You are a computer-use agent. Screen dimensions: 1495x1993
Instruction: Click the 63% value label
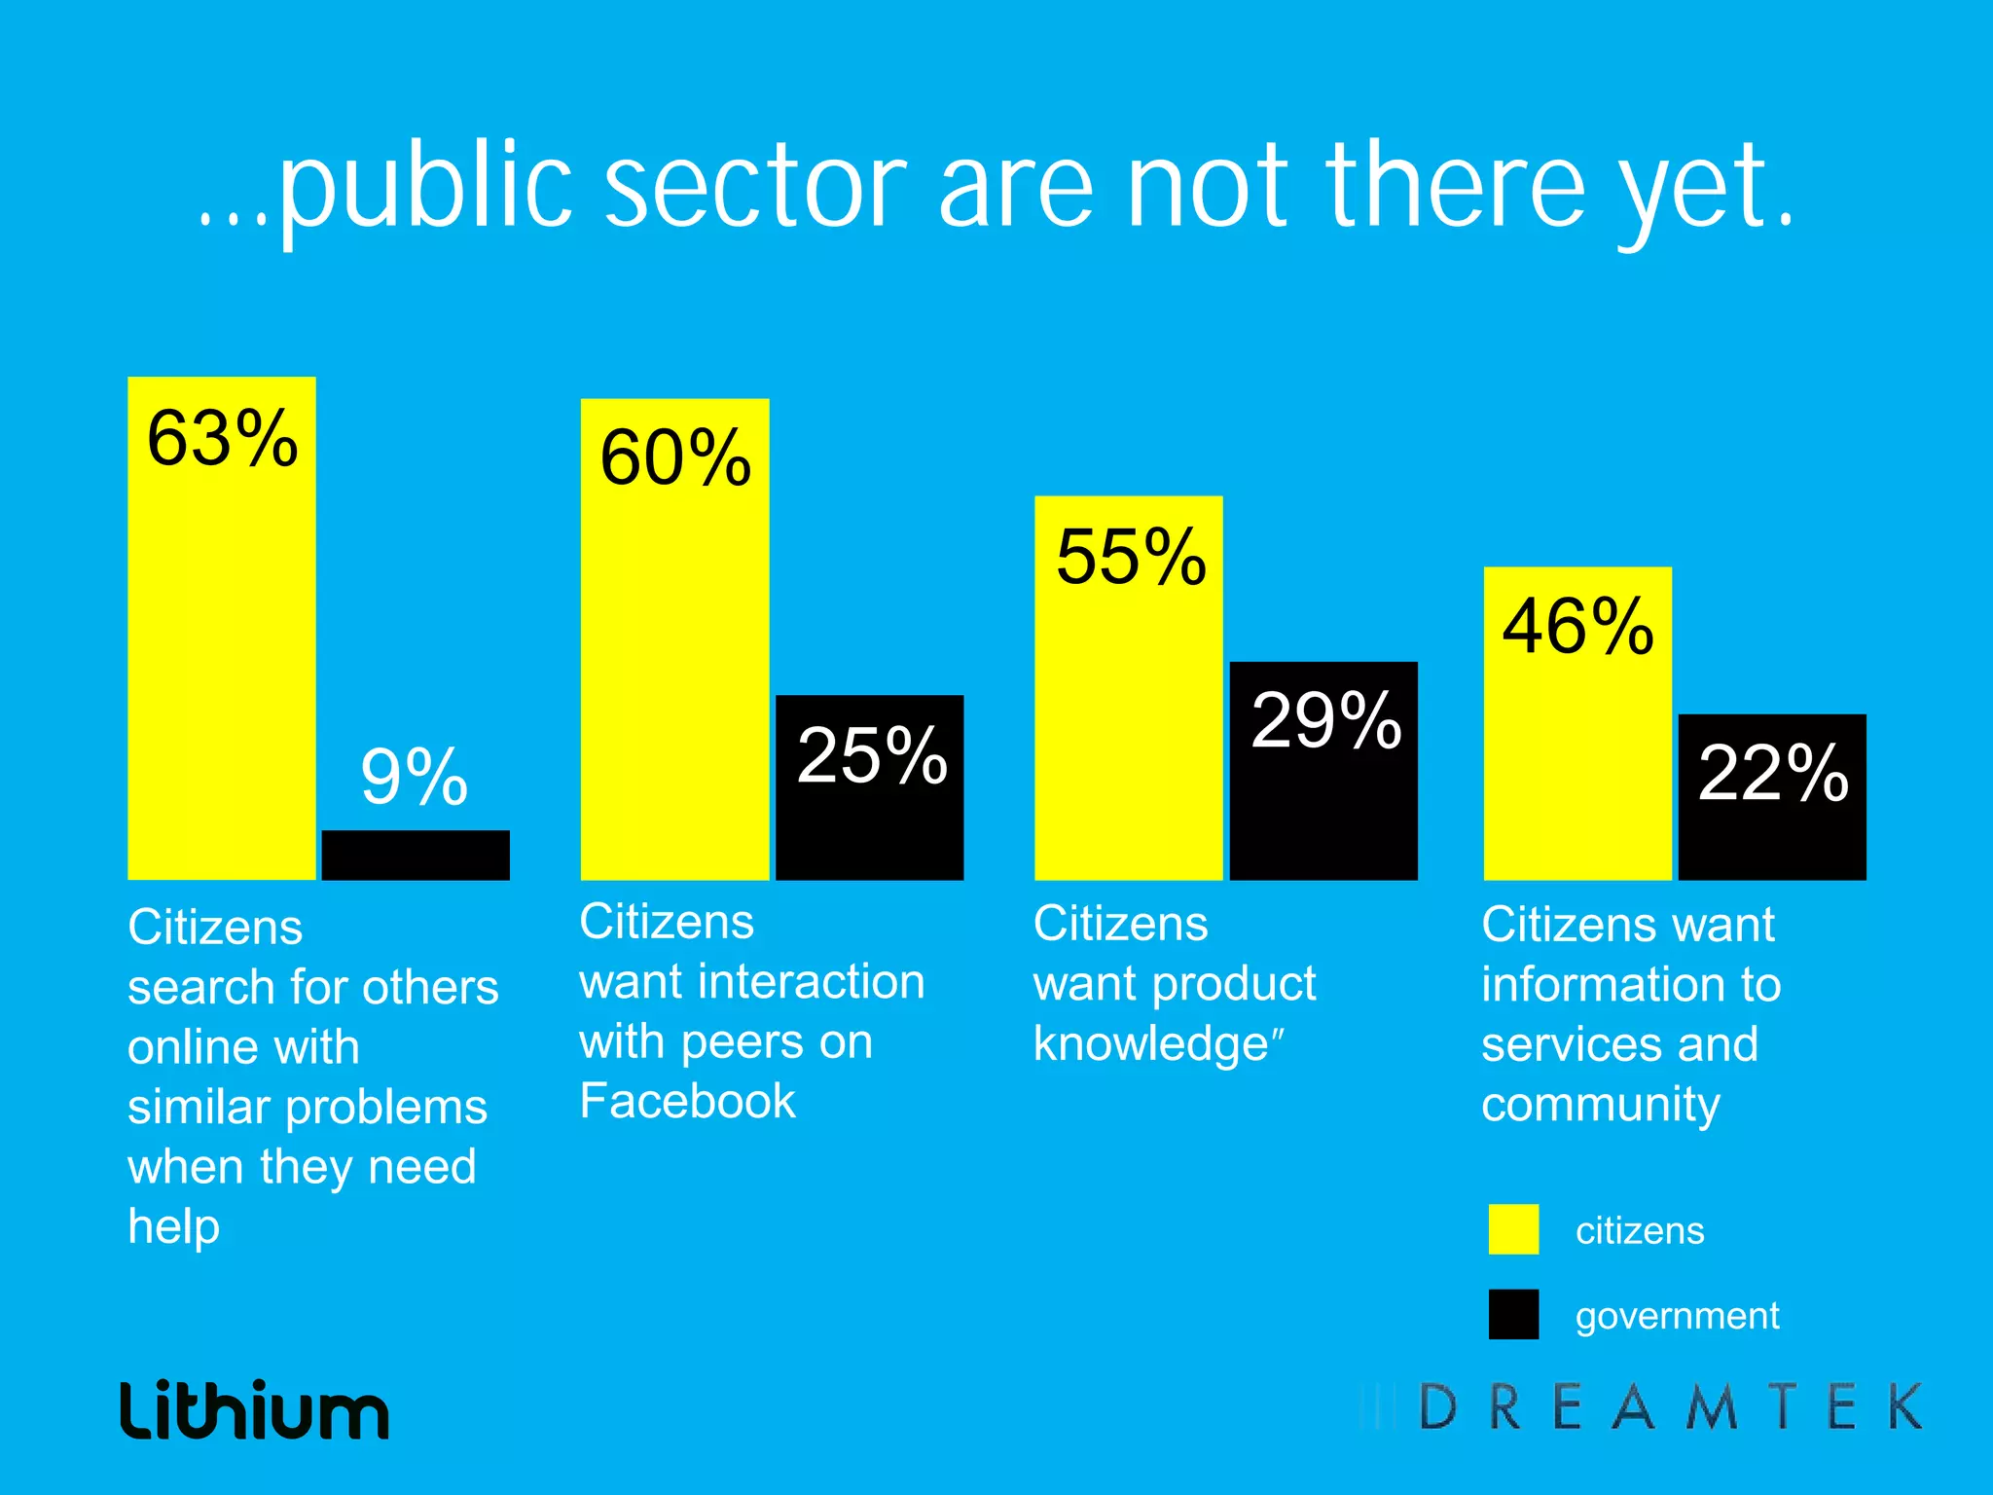(x=222, y=439)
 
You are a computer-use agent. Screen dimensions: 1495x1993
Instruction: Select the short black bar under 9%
(x=416, y=856)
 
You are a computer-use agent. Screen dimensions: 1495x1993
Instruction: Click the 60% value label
(x=675, y=458)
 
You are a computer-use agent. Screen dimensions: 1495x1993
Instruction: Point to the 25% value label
(x=872, y=755)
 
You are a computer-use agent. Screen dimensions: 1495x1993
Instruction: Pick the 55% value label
(x=1131, y=558)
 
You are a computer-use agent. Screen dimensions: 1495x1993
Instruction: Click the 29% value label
(x=1325, y=721)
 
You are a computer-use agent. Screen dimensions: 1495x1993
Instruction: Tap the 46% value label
(x=1577, y=626)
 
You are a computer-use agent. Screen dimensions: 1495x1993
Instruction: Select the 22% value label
(x=1773, y=774)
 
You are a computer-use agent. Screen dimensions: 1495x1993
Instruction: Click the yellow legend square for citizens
(x=1513, y=1229)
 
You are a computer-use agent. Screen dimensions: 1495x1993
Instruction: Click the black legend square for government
(x=1513, y=1315)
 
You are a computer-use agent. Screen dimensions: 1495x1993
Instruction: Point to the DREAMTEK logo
(x=1645, y=1407)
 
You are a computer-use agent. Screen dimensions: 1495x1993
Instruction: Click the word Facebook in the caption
(x=687, y=1102)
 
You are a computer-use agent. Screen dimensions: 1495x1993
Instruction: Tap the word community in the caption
(x=1601, y=1106)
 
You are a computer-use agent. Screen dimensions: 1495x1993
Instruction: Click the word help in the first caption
(x=173, y=1227)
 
